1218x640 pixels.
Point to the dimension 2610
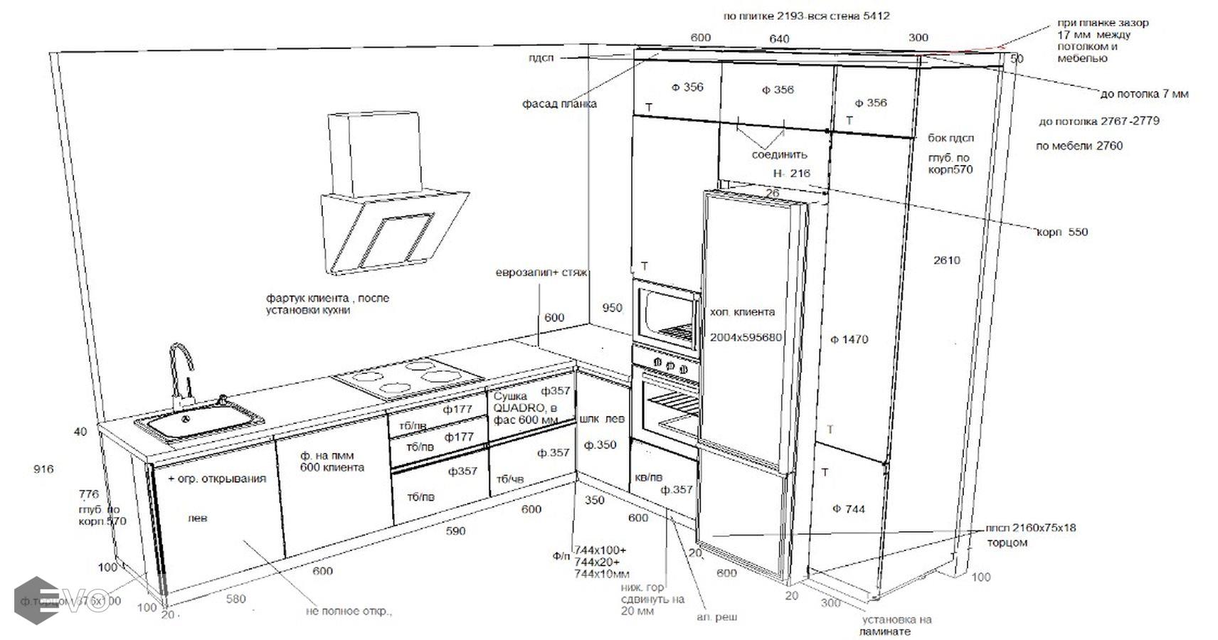946,260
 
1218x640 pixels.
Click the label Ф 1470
849,340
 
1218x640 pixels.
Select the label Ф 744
849,509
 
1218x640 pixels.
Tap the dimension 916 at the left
44,469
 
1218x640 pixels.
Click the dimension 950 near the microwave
612,309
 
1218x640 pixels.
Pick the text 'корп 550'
1061,232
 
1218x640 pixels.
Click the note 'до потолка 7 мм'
1144,94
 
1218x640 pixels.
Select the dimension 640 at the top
779,39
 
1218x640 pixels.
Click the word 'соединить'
780,154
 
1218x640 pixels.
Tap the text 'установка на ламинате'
895,625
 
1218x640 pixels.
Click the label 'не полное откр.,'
349,611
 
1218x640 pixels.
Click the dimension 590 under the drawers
455,531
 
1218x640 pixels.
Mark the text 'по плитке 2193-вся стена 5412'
806,16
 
